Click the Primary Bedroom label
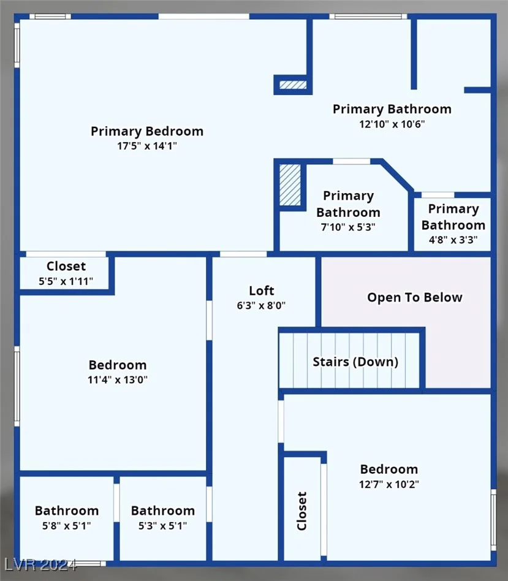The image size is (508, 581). click(147, 132)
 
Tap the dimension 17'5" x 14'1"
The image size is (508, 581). click(147, 146)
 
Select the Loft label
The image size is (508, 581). click(262, 291)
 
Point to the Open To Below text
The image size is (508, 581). click(415, 297)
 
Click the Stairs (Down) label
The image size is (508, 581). click(355, 362)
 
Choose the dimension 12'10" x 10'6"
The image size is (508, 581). click(392, 124)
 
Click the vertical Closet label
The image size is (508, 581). click(302, 511)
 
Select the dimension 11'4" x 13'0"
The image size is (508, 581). click(118, 380)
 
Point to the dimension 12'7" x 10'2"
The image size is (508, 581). click(389, 484)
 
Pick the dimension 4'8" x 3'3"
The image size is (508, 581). click(453, 240)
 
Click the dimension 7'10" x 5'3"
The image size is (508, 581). click(348, 227)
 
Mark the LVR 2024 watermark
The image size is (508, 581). click(41, 564)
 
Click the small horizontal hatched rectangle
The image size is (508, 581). click(293, 85)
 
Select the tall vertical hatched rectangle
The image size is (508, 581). click(290, 185)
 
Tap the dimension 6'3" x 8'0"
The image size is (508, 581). click(261, 306)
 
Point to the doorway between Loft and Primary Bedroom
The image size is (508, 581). click(243, 254)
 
